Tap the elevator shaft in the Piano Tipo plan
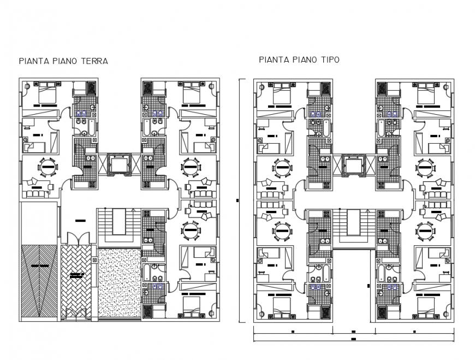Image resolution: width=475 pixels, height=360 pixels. click(353, 164)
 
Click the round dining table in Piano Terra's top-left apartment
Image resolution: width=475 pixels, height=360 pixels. click(47, 166)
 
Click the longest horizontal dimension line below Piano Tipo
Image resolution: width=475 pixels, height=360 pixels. click(354, 340)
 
